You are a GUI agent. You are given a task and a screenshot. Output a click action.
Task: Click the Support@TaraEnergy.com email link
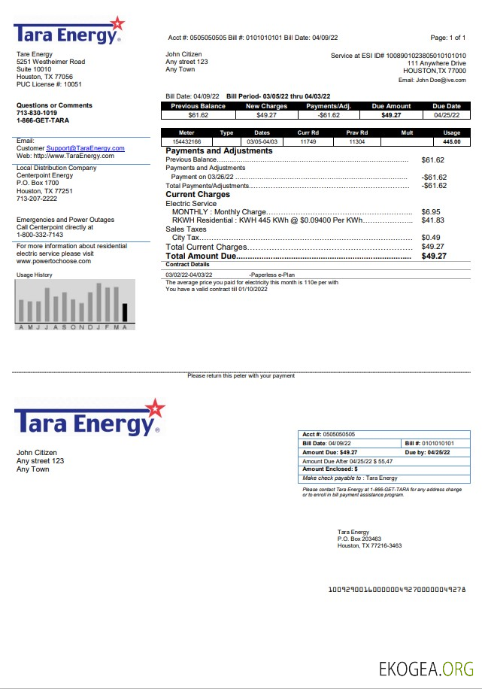pos(85,148)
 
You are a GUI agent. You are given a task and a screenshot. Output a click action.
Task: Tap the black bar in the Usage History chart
pos(125,313)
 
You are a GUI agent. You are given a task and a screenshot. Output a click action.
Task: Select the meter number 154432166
pos(186,141)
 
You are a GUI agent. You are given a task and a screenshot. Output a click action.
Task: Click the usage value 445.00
pos(451,141)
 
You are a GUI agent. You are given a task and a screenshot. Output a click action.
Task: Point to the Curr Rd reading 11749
pos(308,141)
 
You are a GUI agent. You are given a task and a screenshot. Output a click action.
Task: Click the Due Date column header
pos(446,107)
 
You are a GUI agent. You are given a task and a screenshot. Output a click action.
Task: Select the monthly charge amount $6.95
pos(431,212)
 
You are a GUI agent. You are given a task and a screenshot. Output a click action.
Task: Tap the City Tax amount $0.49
pos(431,238)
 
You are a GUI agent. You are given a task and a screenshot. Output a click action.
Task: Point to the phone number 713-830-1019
pos(37,113)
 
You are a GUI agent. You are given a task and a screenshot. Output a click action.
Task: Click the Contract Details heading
pos(187,265)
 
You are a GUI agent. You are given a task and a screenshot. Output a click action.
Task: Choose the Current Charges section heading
pos(197,195)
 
